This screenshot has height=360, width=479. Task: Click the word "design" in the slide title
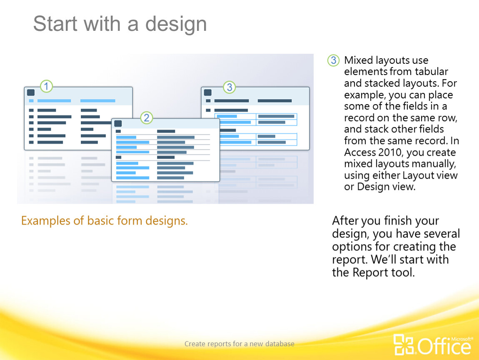coord(176,24)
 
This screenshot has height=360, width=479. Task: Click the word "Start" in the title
coord(55,23)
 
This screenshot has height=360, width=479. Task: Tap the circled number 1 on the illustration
coord(46,86)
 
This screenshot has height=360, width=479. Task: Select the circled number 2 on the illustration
coord(147,117)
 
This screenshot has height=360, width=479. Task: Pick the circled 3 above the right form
coord(230,87)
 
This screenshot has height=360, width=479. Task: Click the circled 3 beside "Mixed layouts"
coord(334,60)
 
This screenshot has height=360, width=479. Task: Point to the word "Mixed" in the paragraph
coord(359,60)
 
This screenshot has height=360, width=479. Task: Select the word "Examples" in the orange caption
coord(45,221)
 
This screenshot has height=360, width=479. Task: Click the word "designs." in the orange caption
coord(167,221)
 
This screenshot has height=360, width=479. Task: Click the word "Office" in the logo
coord(444,347)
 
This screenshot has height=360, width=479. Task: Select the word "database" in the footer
coord(280,344)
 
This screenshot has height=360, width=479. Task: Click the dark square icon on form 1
coord(31,92)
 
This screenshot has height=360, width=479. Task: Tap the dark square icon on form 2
coord(118,123)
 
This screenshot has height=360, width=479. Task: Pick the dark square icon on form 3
coord(208,92)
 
